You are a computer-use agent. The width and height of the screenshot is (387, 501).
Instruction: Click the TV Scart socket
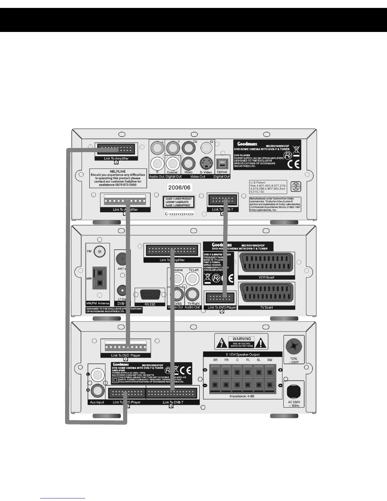click(x=266, y=294)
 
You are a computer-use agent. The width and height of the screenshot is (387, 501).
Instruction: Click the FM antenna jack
click(x=100, y=251)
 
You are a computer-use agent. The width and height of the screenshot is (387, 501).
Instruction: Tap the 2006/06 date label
click(x=179, y=188)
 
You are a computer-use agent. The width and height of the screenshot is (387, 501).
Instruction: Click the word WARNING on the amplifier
click(x=242, y=339)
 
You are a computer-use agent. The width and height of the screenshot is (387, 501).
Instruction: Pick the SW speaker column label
click(x=269, y=360)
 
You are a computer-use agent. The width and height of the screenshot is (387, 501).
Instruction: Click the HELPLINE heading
click(x=118, y=171)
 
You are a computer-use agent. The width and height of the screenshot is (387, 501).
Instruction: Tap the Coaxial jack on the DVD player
click(x=172, y=163)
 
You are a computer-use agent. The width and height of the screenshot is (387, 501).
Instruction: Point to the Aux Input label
click(x=97, y=402)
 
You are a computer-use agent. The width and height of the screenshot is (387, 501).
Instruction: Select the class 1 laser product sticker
click(x=179, y=202)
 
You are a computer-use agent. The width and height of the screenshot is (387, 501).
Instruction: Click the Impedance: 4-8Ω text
click(x=242, y=396)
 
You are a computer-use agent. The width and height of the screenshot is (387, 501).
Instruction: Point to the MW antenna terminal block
click(x=99, y=278)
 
